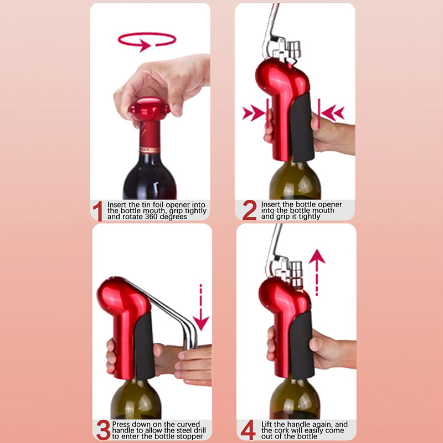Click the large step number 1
[98, 211]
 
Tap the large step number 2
[250, 210]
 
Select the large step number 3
[103, 430]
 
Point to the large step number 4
[248, 430]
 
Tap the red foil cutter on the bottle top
[149, 109]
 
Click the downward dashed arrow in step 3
[201, 307]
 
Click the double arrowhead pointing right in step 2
[253, 114]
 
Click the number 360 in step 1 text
[152, 217]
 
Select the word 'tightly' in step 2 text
[310, 217]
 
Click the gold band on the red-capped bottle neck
[150, 150]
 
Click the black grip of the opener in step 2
[302, 127]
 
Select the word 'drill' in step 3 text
[200, 430]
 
